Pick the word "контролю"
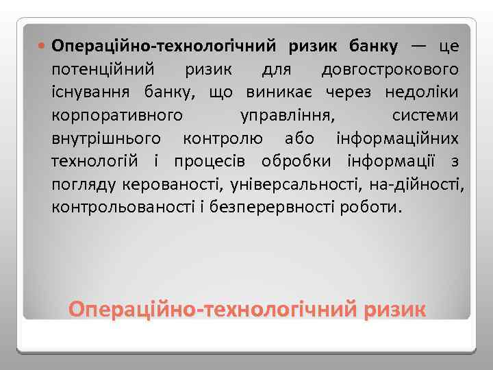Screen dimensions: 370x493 pyautogui.click(x=223, y=138)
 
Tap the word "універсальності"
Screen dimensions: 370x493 pyautogui.click(x=297, y=184)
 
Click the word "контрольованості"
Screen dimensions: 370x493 pyautogui.click(x=121, y=206)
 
